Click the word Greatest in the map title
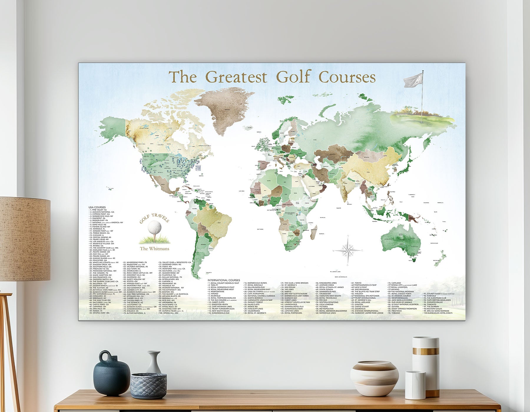click(x=236, y=77)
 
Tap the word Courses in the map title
click(x=347, y=77)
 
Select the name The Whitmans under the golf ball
click(x=155, y=249)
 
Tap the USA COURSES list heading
click(x=97, y=207)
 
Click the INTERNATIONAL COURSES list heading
click(x=224, y=280)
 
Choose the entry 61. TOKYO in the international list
click(x=357, y=283)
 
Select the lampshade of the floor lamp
click(x=25, y=238)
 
